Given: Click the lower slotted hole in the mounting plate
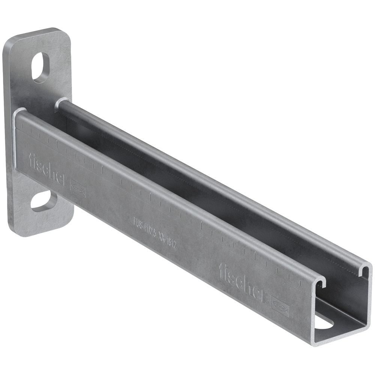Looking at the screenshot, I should pos(42,201).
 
